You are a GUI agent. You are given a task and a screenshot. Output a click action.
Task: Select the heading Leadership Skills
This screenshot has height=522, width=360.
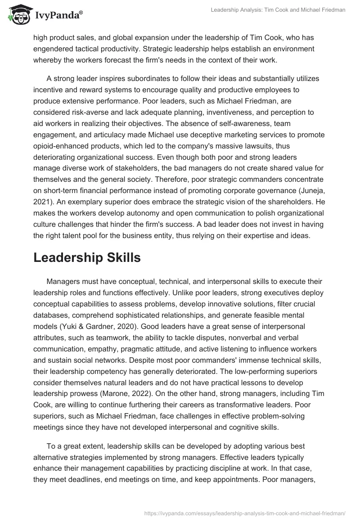click(x=87, y=257)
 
